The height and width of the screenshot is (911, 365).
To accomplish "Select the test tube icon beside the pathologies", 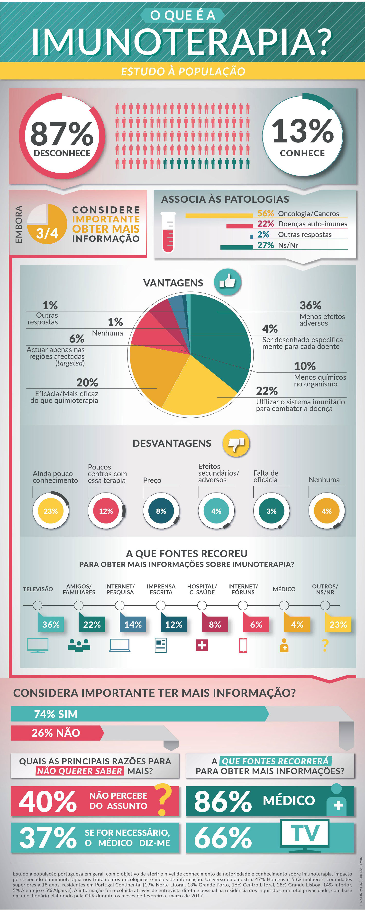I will tap(168, 232).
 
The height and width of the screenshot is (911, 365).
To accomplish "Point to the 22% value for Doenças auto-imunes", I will tap(265, 224).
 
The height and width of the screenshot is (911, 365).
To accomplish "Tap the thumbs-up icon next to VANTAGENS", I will tap(227, 282).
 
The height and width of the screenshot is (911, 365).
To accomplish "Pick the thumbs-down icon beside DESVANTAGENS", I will tap(236, 443).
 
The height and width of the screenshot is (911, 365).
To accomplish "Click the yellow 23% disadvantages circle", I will tap(51, 511).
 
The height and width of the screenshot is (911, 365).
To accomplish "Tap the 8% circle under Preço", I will tap(161, 511).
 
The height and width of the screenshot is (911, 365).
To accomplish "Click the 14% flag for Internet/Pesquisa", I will tap(133, 625).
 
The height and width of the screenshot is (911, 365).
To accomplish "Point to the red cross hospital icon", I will tap(202, 646).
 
